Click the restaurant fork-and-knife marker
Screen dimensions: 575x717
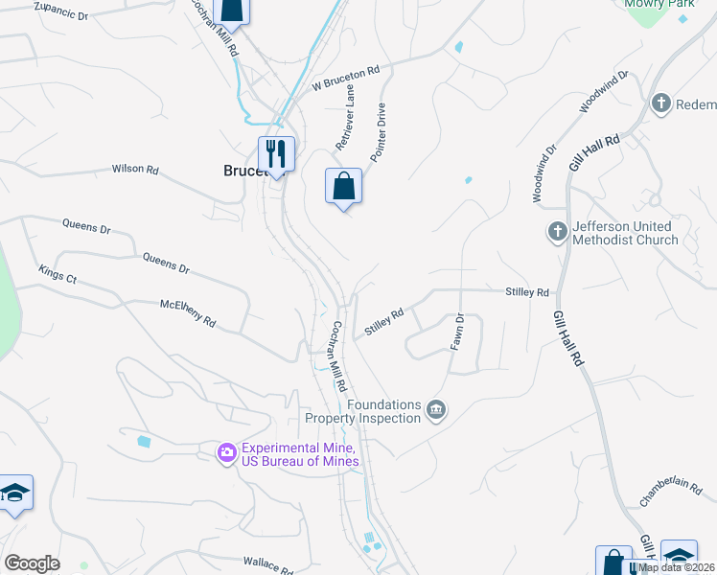276,153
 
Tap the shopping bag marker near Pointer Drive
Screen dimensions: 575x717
343,186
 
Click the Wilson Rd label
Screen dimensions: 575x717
135,169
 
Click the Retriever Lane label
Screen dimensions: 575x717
345,117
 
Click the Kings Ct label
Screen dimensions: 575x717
57,276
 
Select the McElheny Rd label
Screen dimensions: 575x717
187,314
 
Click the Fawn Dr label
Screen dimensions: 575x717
457,332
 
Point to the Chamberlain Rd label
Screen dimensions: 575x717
678,490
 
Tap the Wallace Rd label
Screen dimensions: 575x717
267,564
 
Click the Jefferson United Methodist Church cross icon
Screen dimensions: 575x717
557,232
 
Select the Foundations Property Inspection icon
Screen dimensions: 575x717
436,410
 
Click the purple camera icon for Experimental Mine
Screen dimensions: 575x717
227,451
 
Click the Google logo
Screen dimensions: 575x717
32,563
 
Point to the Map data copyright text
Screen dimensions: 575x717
677,567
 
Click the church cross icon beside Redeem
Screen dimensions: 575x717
661,103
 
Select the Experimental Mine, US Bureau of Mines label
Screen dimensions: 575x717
299,454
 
